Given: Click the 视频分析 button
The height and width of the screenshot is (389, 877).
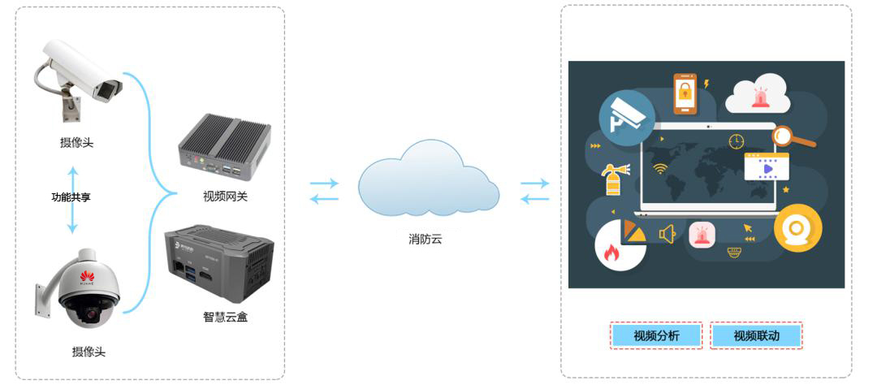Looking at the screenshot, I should [656, 336].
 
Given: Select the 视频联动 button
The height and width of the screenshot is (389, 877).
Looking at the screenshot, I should [756, 336].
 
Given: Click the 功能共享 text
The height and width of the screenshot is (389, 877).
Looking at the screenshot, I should [71, 197].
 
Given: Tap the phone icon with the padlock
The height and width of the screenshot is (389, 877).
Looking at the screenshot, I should [685, 93].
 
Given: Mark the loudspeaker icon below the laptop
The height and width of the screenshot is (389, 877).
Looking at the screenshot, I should [667, 235].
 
